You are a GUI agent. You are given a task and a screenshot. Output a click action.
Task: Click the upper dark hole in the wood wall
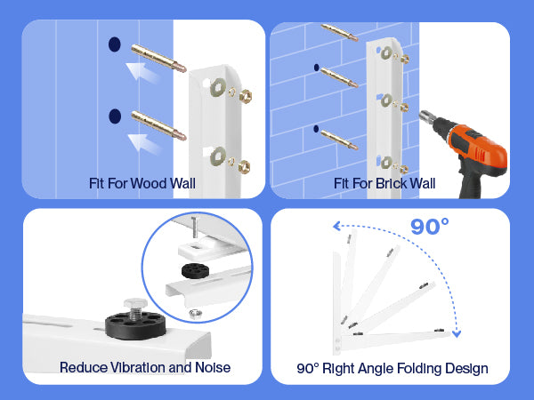pyautogui.click(x=115, y=44)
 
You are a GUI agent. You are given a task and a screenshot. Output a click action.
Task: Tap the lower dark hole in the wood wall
pyautogui.click(x=115, y=116)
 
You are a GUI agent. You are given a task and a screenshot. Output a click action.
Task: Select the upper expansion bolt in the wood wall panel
pyautogui.click(x=158, y=58)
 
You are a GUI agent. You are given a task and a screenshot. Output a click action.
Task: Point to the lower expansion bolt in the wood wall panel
pyautogui.click(x=158, y=125)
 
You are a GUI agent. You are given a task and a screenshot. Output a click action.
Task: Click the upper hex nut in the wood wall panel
pyautogui.click(x=246, y=96)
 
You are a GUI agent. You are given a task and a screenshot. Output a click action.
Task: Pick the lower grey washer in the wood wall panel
pyautogui.click(x=218, y=156)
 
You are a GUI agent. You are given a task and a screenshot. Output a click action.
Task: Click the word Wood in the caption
pyautogui.click(x=150, y=184)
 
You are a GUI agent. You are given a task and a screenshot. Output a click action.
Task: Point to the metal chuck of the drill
pyautogui.click(x=427, y=117)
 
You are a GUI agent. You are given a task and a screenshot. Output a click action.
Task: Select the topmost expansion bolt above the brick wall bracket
pyautogui.click(x=339, y=33)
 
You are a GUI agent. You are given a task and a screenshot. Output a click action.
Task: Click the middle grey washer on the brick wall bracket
pyautogui.click(x=386, y=100)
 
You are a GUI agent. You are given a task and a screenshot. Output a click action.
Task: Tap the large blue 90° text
pyautogui.click(x=430, y=227)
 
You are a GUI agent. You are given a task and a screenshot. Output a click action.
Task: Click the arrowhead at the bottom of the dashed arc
pyautogui.click(x=457, y=333)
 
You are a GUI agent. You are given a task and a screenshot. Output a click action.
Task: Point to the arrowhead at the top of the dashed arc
pyautogui.click(x=336, y=226)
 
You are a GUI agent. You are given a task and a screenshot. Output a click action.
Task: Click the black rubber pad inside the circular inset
pyautogui.click(x=196, y=270)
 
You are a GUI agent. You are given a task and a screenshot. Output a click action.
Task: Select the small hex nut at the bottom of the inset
pyautogui.click(x=195, y=314)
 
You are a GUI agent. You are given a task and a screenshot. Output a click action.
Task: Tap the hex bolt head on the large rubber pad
pyautogui.click(x=135, y=303)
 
